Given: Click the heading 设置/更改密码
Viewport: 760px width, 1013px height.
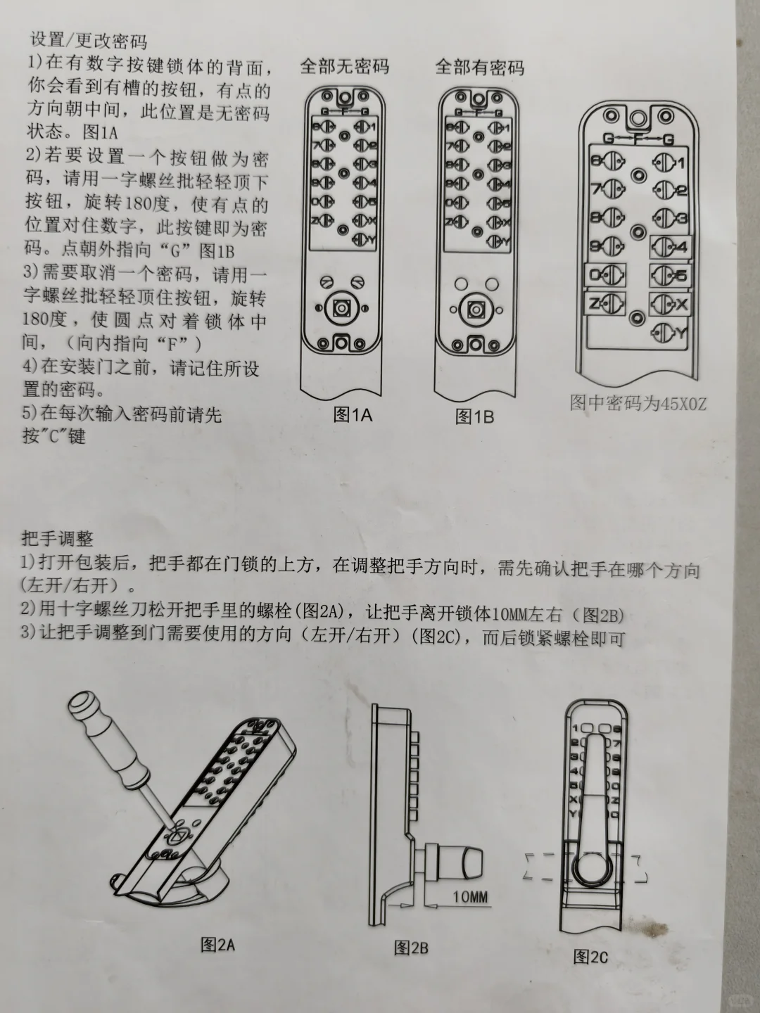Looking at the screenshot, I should coord(89,40).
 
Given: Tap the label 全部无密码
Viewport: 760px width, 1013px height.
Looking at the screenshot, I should coord(344,67).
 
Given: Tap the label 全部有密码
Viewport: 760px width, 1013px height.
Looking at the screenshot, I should coord(479,67).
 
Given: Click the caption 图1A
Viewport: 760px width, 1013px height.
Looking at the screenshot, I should coord(353,414).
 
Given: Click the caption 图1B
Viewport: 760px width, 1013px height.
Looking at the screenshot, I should coord(474,416).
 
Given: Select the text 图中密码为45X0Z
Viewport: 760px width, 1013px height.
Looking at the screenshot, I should coord(638,404).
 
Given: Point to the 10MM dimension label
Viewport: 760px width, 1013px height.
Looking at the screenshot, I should coord(469,897).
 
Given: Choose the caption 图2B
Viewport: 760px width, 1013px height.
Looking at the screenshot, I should coord(411,948).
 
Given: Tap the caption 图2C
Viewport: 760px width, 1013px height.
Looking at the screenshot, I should coord(590,956).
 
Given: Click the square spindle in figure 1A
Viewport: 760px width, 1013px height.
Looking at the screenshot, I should coord(343,307).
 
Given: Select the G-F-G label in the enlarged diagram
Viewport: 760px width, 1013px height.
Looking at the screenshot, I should coord(638,139).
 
